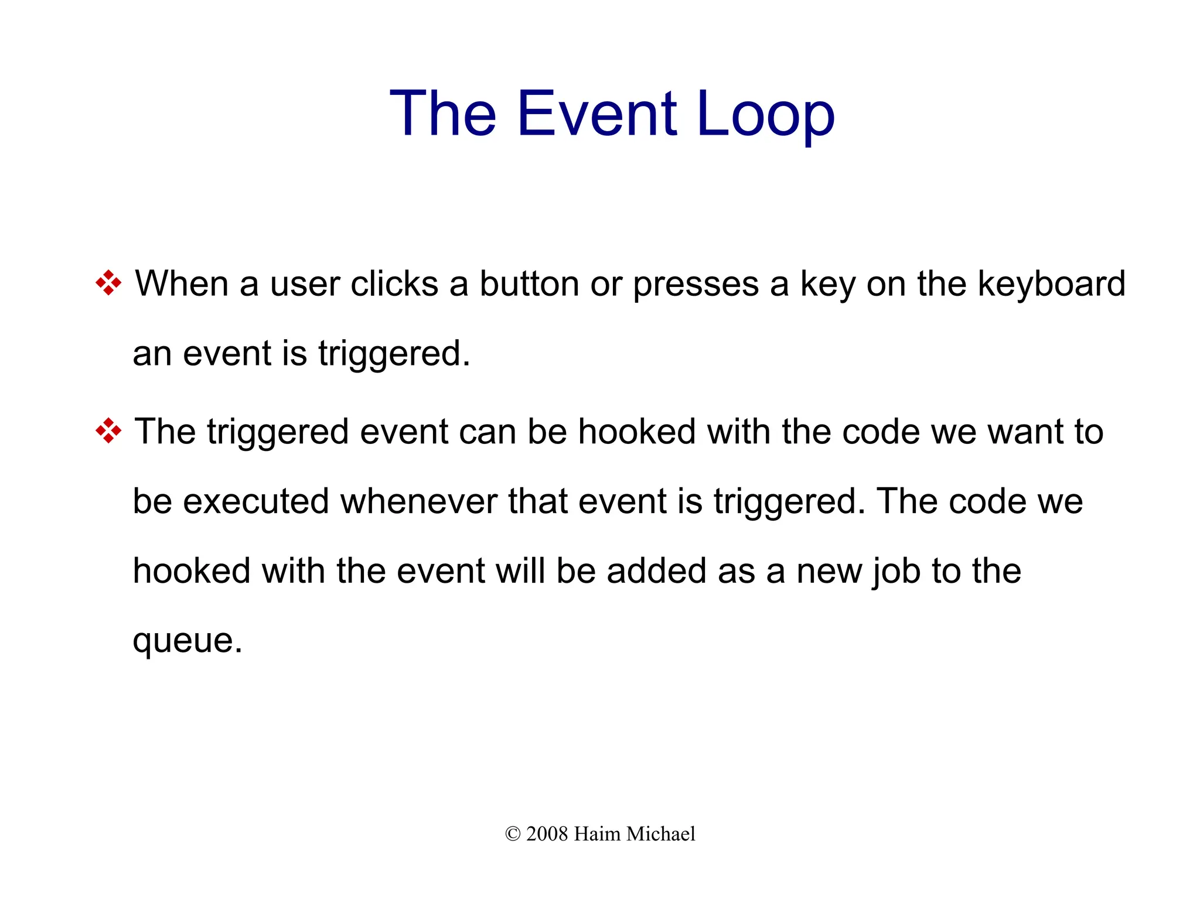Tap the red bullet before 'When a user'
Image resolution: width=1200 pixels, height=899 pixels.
coord(108,283)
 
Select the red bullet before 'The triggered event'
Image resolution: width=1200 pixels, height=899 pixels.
coord(108,432)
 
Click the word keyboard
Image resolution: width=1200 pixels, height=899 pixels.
coord(1052,284)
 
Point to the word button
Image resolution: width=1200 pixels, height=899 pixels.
coord(529,284)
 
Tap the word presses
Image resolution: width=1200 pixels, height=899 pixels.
coord(696,285)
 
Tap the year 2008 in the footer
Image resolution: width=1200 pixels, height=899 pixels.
coord(547,834)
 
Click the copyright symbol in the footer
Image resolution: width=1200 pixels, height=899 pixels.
coord(512,834)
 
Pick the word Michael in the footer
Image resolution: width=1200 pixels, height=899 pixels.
coord(660,834)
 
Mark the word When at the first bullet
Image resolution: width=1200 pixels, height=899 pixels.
coord(181,284)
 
